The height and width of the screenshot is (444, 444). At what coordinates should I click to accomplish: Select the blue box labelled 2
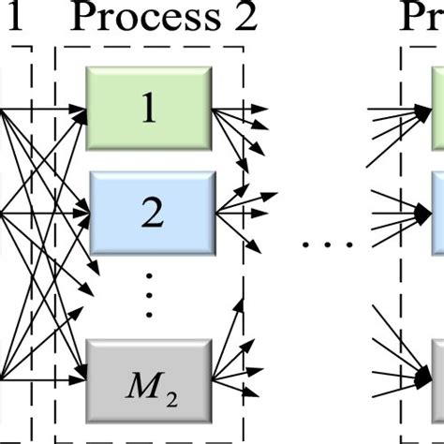coord(150,214)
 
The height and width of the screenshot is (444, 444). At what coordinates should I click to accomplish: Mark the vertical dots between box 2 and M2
coord(150,297)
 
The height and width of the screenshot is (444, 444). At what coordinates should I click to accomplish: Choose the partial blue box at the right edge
coord(437,214)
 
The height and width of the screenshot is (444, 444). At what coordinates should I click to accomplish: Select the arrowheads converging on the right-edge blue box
coord(424,214)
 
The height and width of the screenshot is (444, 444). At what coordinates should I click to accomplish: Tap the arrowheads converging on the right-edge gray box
coord(424,379)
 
